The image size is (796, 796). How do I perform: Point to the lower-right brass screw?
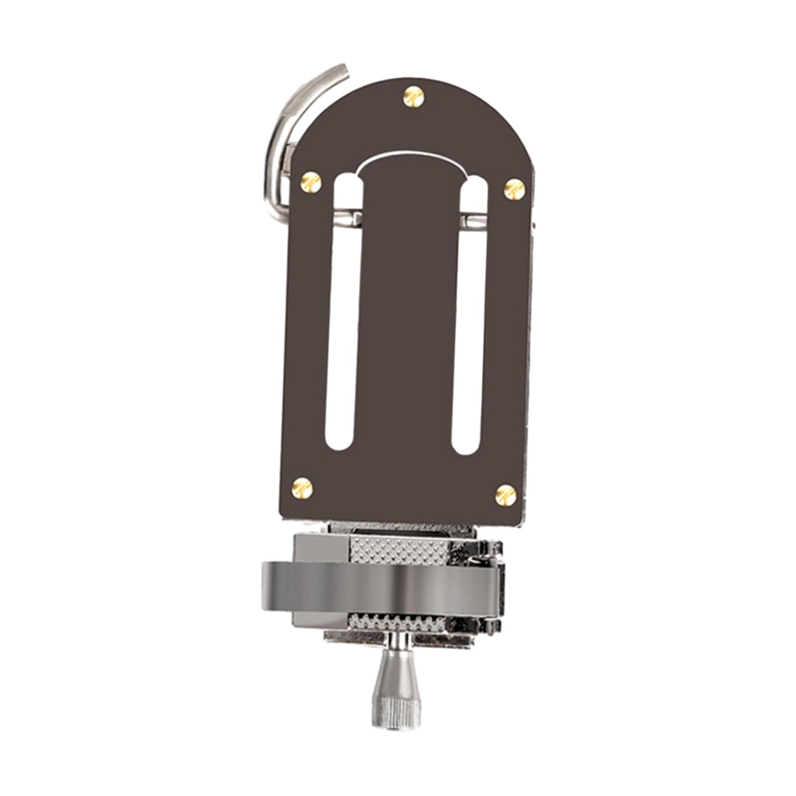[506, 495]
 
